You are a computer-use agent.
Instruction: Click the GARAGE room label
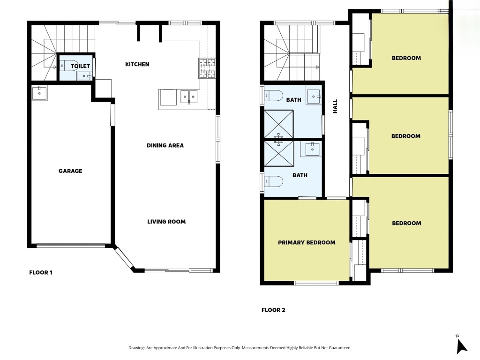pos(70,171)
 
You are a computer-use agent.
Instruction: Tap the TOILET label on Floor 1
pos(80,66)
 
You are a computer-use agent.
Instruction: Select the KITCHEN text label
pos(137,64)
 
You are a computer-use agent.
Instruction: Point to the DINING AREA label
pos(165,145)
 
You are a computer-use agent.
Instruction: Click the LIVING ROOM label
pos(166,222)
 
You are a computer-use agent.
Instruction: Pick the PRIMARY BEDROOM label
pos(307,242)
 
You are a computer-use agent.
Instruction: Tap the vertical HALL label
pos(335,106)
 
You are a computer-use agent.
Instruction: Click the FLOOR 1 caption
pos(41,272)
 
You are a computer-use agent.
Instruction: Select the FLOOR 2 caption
pos(273,310)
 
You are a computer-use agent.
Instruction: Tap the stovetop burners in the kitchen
pos(207,68)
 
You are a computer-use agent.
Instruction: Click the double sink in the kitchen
pos(189,97)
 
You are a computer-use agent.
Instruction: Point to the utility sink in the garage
pos(39,93)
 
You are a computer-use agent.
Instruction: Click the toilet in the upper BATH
pos(273,96)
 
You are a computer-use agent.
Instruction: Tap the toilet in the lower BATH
pos(273,181)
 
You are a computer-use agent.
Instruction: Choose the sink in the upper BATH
pos(314,97)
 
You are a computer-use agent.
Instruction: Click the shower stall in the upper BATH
pos(278,124)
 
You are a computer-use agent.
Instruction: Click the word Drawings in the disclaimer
pos(136,348)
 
